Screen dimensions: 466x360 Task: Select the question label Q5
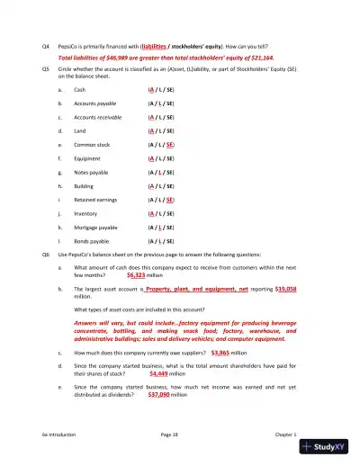click(47, 67)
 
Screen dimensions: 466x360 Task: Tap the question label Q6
click(47, 255)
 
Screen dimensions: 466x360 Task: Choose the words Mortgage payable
click(96, 222)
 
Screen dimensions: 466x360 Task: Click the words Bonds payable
click(91, 235)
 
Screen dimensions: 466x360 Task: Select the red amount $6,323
click(137, 274)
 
